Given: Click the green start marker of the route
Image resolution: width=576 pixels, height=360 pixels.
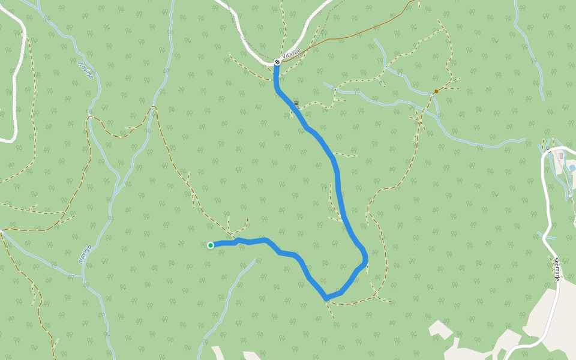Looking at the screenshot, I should (x=211, y=245).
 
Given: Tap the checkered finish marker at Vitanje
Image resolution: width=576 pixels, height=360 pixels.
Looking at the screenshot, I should (x=277, y=62).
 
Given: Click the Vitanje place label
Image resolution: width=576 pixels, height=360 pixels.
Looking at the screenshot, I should (x=291, y=54).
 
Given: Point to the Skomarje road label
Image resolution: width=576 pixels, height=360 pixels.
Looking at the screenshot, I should (x=557, y=269).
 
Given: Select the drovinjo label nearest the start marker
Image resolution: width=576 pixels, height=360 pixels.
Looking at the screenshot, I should (x=85, y=254).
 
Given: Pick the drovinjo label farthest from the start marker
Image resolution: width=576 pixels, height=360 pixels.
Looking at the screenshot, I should (x=86, y=69).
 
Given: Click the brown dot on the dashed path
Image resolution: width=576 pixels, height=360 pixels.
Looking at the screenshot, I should (x=436, y=91).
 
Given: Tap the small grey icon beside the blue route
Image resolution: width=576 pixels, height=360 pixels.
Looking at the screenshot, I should (x=296, y=105).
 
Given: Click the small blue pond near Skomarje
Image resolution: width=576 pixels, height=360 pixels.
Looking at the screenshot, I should (x=572, y=169).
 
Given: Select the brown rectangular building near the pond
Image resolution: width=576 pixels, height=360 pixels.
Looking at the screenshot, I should (x=560, y=155).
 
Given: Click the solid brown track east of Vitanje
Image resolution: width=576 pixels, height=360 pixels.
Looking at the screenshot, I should (x=360, y=32).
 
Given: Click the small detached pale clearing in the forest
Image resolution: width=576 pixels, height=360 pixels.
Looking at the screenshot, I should (x=440, y=328).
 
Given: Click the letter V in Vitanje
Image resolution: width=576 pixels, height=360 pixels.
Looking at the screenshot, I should (x=283, y=57).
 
